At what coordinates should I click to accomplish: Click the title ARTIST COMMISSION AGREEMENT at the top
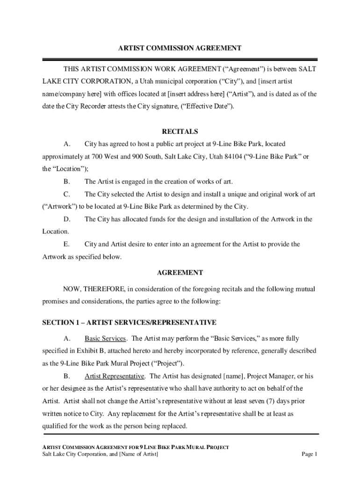180,48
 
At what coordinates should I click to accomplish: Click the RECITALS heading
180,132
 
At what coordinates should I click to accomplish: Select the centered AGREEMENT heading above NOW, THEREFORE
180,273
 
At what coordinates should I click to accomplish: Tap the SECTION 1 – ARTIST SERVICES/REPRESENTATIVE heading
130,323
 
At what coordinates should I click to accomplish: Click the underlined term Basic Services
105,339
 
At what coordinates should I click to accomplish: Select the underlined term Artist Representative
115,376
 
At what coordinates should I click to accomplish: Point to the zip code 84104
211,157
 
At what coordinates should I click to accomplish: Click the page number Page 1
310,454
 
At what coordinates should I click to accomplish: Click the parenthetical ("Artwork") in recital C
60,207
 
